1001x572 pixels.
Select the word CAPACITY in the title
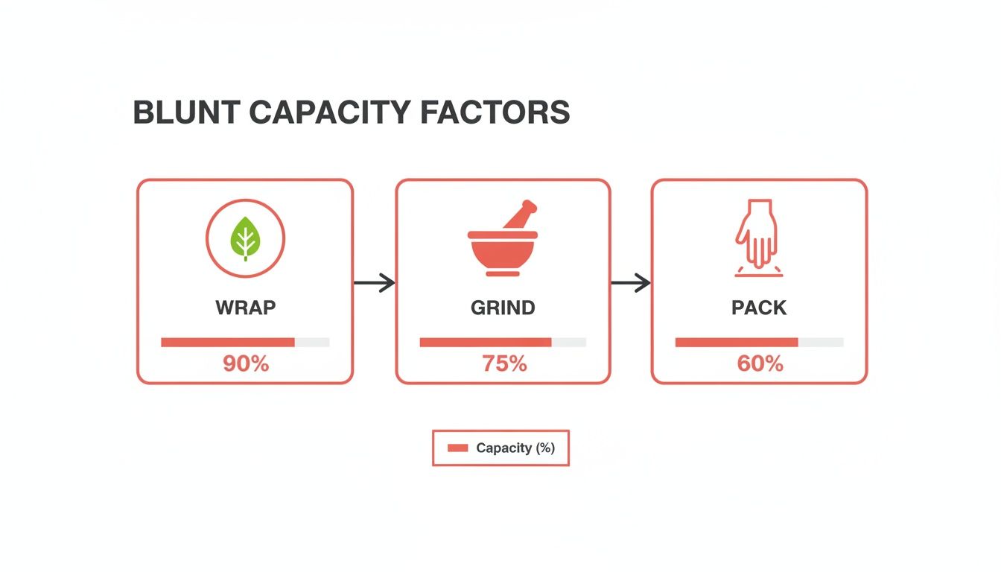click(329, 112)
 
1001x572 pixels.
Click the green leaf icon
click(245, 238)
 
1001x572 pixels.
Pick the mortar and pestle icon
click(502, 240)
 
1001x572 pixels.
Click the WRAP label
click(245, 308)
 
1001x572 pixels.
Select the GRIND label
click(503, 308)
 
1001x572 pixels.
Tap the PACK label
click(759, 308)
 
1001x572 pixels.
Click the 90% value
click(245, 364)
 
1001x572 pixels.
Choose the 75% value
click(503, 364)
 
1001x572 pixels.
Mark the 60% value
click(760, 364)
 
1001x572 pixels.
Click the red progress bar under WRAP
click(228, 342)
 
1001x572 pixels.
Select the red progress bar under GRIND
click(485, 342)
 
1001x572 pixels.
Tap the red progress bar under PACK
click(737, 342)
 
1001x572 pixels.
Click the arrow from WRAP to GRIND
click(374, 283)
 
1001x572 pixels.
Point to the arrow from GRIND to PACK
click(631, 283)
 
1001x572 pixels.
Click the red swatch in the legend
click(457, 448)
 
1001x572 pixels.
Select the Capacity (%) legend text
click(515, 448)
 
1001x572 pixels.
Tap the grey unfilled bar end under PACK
click(821, 342)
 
